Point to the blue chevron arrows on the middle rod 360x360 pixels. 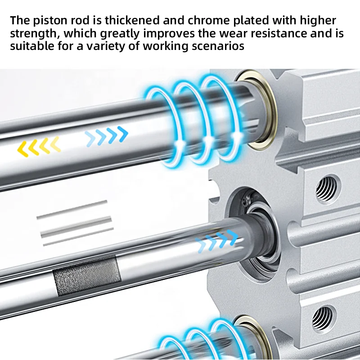pos(217,240)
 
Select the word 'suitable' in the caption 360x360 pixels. pos(32,46)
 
